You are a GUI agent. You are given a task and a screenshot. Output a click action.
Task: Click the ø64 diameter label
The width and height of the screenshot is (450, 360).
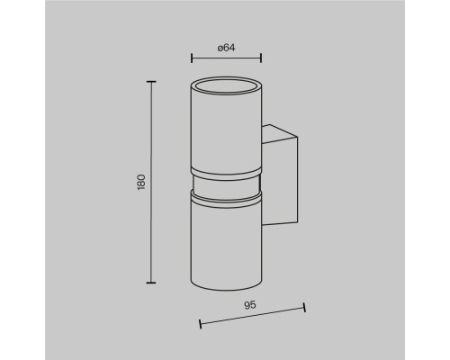tap(227, 48)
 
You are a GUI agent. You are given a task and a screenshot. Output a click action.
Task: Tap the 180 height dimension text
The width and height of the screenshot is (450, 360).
tap(141, 182)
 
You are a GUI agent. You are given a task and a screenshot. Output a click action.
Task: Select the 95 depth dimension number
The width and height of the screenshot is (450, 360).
tap(250, 305)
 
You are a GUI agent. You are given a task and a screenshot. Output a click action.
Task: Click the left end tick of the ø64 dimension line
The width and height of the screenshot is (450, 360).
tap(192, 58)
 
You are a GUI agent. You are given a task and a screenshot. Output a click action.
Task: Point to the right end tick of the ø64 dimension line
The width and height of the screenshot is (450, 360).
tap(261, 58)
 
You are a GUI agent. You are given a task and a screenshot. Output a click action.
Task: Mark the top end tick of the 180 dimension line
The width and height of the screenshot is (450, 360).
tap(151, 82)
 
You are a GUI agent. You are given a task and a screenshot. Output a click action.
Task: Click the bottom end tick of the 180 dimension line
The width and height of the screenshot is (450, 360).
tap(151, 283)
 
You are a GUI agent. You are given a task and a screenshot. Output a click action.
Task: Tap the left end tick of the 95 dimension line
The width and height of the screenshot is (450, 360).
tap(200, 324)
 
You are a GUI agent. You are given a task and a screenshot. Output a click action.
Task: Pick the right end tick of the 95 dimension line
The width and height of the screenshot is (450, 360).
tap(304, 308)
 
